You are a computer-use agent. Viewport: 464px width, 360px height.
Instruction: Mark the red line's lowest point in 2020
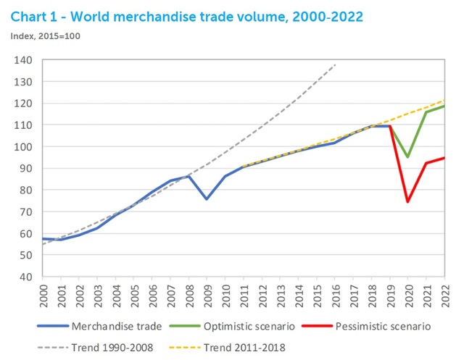tap(407, 202)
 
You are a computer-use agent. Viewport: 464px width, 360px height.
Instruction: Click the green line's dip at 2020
tap(407, 157)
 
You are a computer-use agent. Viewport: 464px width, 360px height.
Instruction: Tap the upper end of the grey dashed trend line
tap(335, 65)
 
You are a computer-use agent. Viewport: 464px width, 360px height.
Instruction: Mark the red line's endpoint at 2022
tap(444, 158)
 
